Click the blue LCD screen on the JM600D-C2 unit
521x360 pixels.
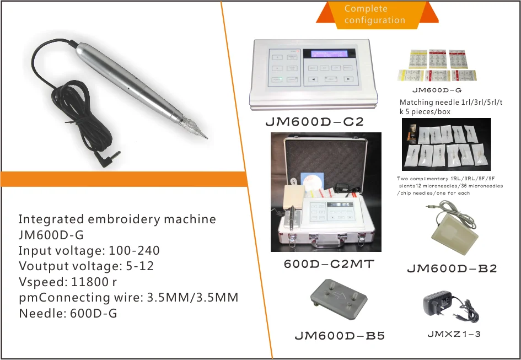pyautogui.click(x=331, y=54)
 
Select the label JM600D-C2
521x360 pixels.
pyautogui.click(x=315, y=122)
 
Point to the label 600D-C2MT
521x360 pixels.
pyautogui.click(x=329, y=264)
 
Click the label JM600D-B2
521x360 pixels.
pyautogui.click(x=452, y=268)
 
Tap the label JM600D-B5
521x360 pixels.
pyautogui.click(x=340, y=335)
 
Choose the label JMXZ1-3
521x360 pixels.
pyautogui.click(x=454, y=334)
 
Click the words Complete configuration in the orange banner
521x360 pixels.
pyautogui.click(x=374, y=14)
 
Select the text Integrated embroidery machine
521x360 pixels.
pyautogui.click(x=117, y=219)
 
